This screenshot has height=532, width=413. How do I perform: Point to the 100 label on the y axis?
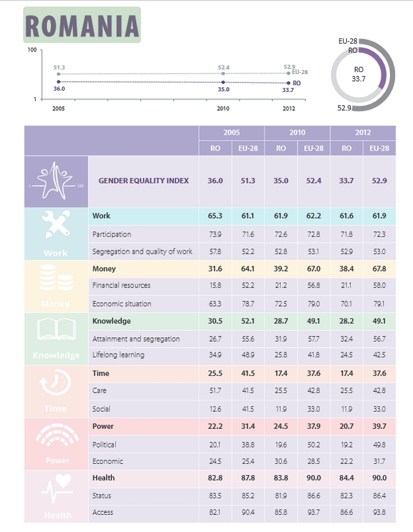[31, 51]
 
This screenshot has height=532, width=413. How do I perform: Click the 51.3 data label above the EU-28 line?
[59, 67]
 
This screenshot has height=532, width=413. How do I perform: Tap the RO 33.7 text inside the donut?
[359, 74]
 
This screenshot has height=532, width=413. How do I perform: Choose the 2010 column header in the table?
[297, 133]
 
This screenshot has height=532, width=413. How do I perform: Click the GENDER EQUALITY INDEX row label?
[143, 180]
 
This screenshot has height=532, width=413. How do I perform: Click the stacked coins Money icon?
[56, 278]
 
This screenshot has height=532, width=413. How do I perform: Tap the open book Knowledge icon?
[56, 329]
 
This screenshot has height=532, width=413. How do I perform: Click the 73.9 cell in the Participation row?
[215, 234]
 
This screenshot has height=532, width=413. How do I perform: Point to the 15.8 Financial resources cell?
[215, 285]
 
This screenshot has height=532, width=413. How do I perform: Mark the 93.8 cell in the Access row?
[379, 513]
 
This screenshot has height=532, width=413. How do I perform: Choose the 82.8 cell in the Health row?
[215, 478]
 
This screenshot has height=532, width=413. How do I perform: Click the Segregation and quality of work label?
[143, 251]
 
